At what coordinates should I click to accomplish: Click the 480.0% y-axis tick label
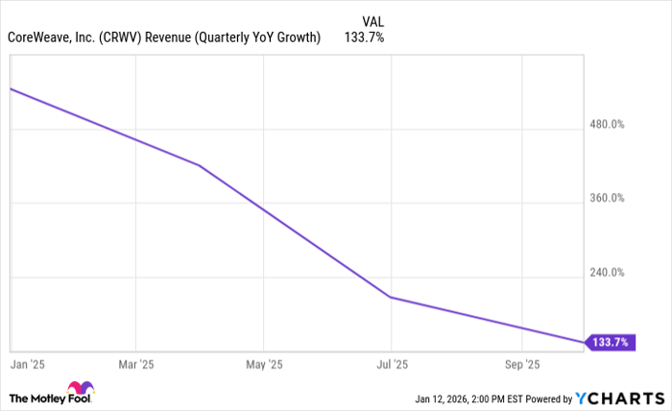click(x=607, y=125)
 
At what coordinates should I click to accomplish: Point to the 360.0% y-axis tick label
click(x=607, y=199)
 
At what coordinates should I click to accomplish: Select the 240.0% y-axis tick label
click(x=607, y=273)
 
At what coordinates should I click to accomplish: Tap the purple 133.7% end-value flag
click(x=610, y=342)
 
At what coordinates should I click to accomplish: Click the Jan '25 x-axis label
click(x=27, y=365)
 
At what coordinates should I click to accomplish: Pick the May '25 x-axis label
click(x=264, y=365)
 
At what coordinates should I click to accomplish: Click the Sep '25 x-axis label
click(x=521, y=365)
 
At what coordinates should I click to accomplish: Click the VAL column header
click(x=375, y=19)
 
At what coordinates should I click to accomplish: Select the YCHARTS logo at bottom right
click(x=618, y=399)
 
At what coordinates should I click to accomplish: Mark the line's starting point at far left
click(x=10, y=88)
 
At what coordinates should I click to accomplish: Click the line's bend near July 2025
click(x=391, y=298)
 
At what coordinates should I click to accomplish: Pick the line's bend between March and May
click(x=199, y=165)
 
